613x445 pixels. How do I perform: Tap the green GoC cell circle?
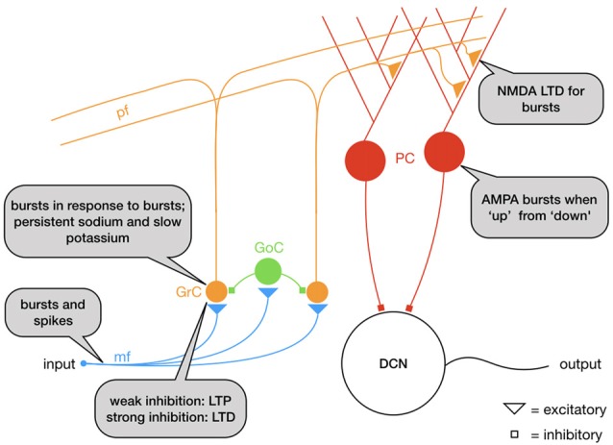[x=269, y=273]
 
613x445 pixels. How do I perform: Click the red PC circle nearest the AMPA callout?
[x=444, y=151]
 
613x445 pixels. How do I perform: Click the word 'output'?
[x=581, y=366]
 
